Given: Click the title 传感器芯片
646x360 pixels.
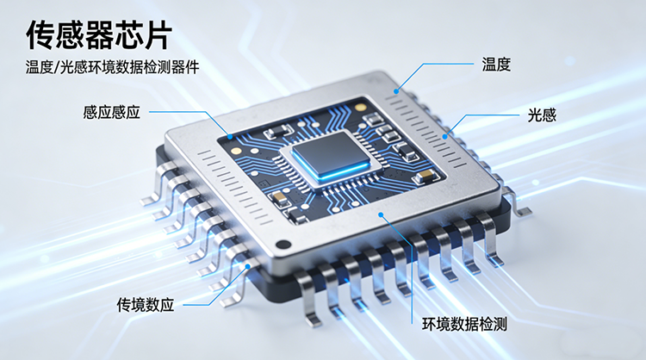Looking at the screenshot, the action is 99,36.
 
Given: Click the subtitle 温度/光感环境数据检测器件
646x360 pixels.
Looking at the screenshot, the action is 112,67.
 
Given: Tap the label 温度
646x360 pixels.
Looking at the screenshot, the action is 496,65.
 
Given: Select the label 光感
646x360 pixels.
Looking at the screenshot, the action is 542,115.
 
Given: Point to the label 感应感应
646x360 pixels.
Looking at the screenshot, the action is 112,112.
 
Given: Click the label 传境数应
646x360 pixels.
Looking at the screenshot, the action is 145,305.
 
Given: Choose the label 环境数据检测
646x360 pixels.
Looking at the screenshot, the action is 464,324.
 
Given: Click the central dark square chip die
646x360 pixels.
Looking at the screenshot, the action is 331,152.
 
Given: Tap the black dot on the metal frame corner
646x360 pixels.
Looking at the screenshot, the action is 283,245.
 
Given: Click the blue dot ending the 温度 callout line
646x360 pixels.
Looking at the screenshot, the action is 396,91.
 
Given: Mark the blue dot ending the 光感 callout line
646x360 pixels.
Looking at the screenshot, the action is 445,136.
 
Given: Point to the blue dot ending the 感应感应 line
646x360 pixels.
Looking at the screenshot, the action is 230,136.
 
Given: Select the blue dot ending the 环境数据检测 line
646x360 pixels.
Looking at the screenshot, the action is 381,214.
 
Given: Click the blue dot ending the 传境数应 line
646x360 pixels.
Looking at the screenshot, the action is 247,266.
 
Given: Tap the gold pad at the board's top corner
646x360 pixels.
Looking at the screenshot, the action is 361,108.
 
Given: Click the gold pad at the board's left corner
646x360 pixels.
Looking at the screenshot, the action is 237,151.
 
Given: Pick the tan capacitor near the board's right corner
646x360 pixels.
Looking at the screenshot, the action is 425,176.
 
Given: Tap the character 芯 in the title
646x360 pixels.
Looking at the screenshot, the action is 127,36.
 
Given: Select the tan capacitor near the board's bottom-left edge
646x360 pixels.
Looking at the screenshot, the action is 279,199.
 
